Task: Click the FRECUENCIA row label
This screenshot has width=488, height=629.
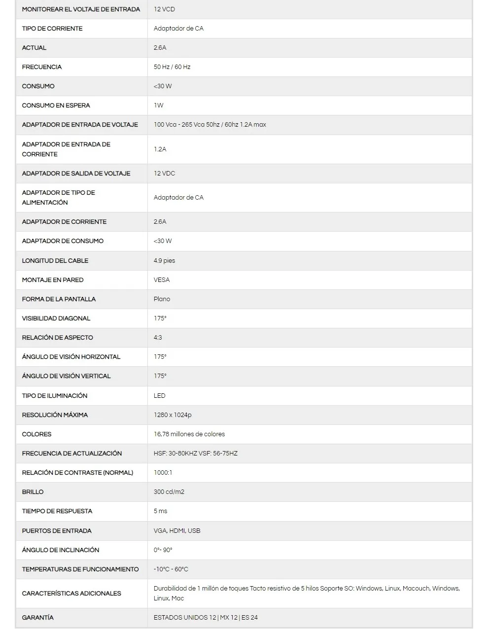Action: coord(42,67)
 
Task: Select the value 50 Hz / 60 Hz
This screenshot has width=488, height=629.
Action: coord(172,67)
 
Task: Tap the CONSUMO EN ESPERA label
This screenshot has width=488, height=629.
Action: coord(56,105)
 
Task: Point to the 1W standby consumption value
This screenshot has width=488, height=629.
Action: coord(158,105)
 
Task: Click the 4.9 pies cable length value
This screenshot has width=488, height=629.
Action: coord(164,261)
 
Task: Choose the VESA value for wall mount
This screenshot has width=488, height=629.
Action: coord(162,280)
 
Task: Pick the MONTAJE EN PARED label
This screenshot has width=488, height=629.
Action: coord(53,280)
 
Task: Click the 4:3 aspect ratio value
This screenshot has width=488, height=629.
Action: coord(158,338)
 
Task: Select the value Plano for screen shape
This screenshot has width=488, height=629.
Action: coord(162,299)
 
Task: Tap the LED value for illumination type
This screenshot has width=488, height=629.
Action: coord(159,396)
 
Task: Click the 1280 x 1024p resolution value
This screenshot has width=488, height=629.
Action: coord(173,415)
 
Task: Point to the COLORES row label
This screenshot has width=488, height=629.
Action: coord(36,434)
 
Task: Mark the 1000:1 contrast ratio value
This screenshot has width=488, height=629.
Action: coord(163,473)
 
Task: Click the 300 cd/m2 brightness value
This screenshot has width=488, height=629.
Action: coord(169,492)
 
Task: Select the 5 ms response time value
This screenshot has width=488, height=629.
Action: coord(160,511)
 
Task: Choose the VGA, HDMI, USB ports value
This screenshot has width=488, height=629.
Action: coord(177,531)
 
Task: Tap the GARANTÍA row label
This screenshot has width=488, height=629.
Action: coord(38,618)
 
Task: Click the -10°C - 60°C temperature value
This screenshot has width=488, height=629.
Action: coord(171,569)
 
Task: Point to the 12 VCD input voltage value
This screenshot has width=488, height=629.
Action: coord(164,9)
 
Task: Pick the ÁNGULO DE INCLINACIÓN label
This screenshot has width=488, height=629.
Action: coord(61,550)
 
